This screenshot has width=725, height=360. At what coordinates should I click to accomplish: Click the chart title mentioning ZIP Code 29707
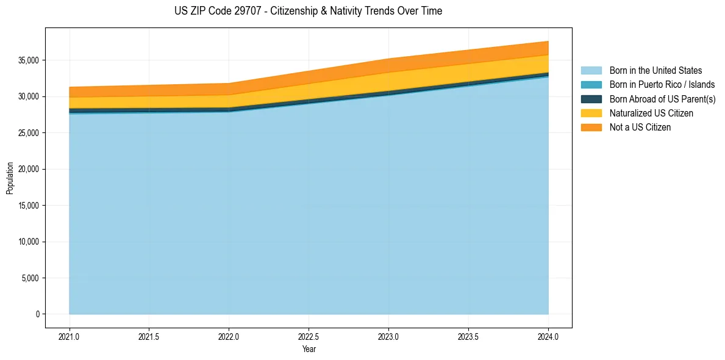tap(308, 11)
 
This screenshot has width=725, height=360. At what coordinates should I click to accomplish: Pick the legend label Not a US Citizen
tap(640, 127)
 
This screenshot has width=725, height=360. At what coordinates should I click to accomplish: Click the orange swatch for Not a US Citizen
tap(591, 127)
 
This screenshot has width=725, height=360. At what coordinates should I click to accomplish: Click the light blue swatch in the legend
tap(591, 71)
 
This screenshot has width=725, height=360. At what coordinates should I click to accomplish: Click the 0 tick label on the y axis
tap(37, 314)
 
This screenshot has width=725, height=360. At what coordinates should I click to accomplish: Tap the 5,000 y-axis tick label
tap(29, 278)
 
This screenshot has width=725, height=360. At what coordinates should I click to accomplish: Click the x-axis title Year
tap(309, 349)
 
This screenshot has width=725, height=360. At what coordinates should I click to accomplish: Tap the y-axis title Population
tap(10, 178)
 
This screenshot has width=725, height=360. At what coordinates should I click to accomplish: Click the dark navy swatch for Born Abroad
tap(591, 99)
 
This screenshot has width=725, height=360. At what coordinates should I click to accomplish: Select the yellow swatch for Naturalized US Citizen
tap(591, 113)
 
